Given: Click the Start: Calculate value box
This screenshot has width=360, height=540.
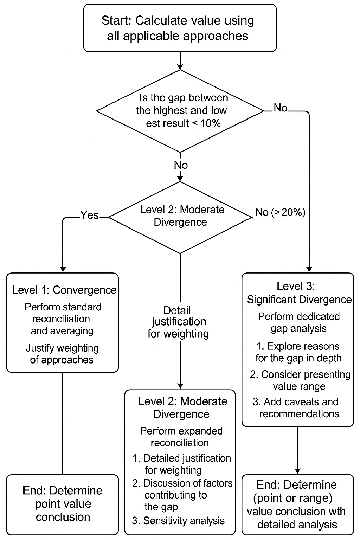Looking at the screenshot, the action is click(x=180, y=28).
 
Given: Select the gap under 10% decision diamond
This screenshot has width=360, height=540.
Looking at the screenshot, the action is click(x=180, y=111).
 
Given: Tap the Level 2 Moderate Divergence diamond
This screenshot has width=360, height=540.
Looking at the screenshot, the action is click(x=180, y=217).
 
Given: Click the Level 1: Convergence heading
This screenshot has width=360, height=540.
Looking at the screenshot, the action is click(x=64, y=290).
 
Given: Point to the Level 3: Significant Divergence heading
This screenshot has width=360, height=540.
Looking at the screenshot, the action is click(x=299, y=293).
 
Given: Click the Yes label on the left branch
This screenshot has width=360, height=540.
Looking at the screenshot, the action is click(x=89, y=215).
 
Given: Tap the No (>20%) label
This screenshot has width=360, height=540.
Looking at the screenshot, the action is click(x=280, y=212).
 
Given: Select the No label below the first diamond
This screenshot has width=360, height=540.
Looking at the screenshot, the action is click(x=181, y=165).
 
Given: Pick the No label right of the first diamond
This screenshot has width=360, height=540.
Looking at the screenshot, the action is click(x=281, y=108).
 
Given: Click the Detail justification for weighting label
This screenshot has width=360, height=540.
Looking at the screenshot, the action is click(x=178, y=322).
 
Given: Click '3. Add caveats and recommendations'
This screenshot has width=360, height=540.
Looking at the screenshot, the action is click(x=296, y=408).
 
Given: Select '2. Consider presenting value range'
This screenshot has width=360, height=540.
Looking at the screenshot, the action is click(x=300, y=380).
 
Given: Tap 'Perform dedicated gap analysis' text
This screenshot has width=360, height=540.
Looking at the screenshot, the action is click(x=299, y=322).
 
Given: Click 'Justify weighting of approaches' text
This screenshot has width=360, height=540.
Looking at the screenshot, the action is click(x=62, y=354).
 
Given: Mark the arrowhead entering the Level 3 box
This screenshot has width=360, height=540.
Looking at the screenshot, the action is click(x=309, y=270).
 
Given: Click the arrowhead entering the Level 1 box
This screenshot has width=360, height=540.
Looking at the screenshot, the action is click(x=63, y=270).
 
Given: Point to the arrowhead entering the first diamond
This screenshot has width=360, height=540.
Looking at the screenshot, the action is click(x=180, y=67).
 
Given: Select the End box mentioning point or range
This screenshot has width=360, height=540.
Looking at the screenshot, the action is click(x=297, y=504).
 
